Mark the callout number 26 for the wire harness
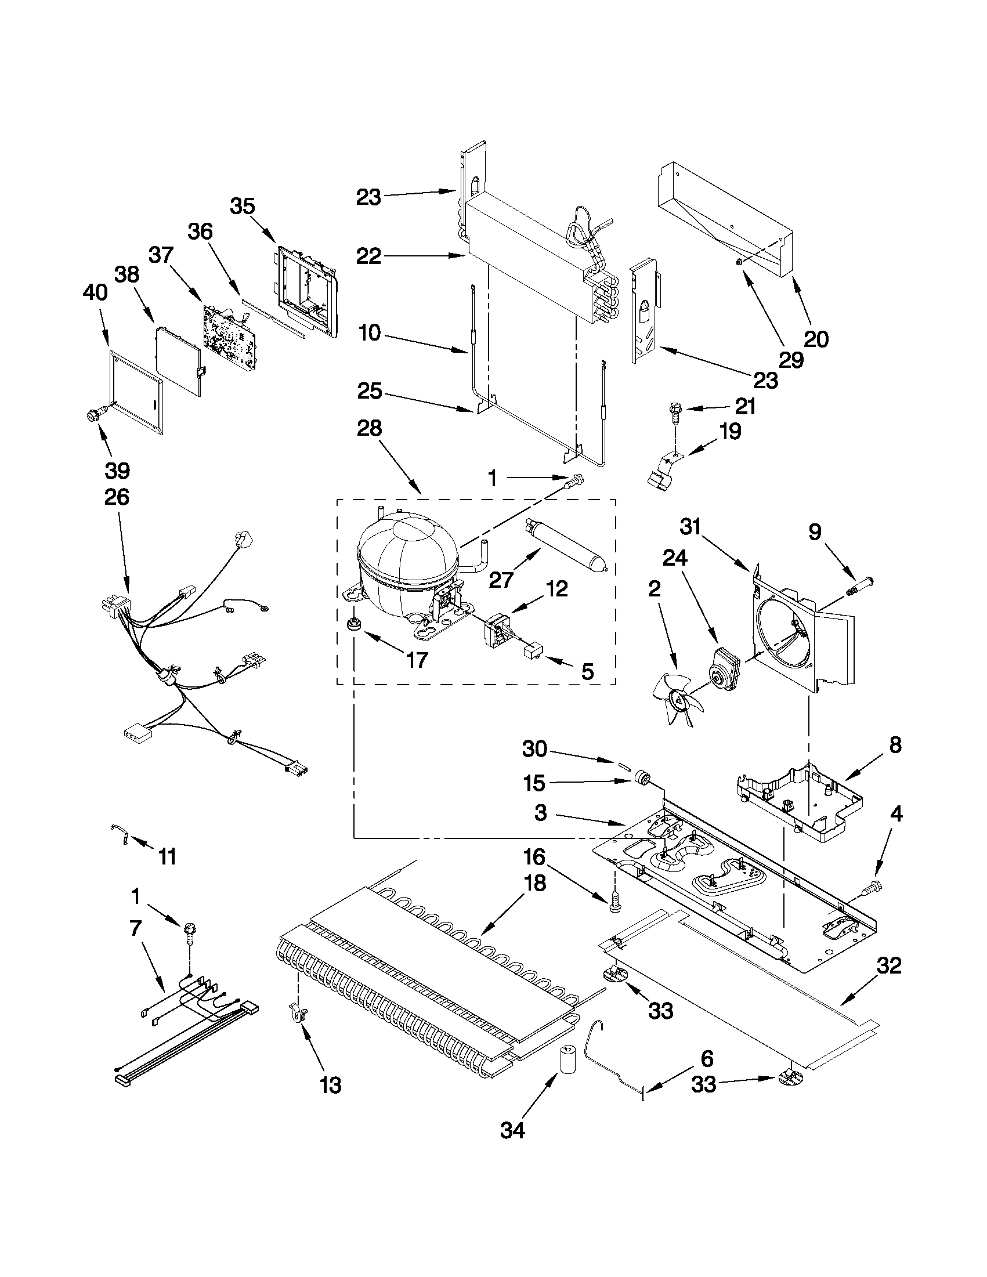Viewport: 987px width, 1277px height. pos(117,497)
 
